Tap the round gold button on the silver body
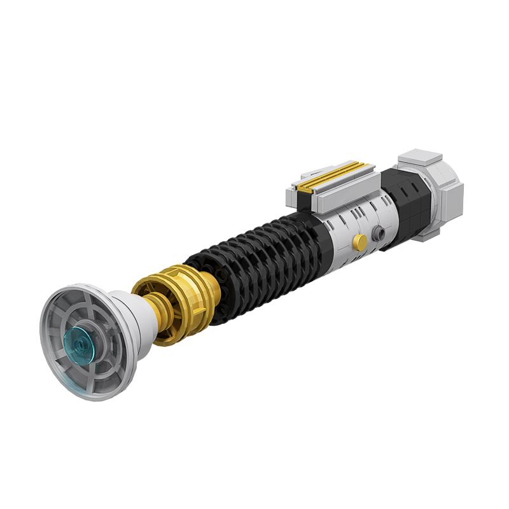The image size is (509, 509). (360, 242)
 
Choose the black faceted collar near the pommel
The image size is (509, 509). (407, 200)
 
